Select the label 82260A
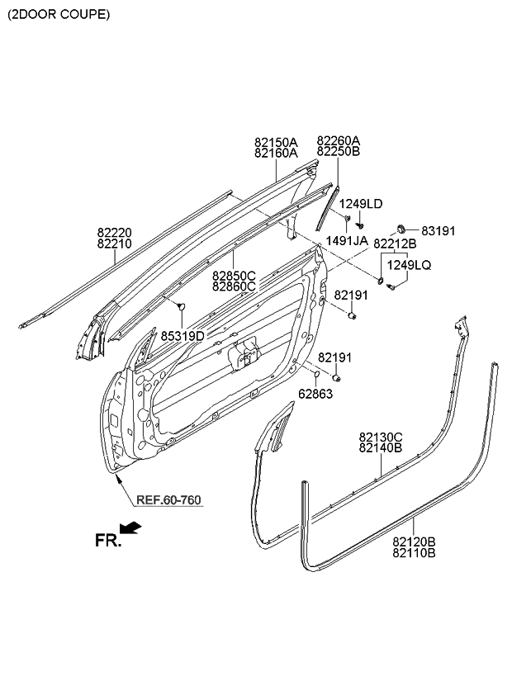[x=339, y=141]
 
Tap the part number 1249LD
[x=361, y=204]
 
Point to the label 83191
[x=439, y=232]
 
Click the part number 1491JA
[x=347, y=241]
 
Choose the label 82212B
[x=395, y=244]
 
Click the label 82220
[x=114, y=234]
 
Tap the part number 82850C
[x=234, y=275]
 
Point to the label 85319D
[x=183, y=336]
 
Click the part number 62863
[x=315, y=394]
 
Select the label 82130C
[x=381, y=437]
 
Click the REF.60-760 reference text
[x=168, y=500]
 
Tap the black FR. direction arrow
[x=130, y=527]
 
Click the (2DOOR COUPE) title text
[x=58, y=15]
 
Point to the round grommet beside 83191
[x=402, y=229]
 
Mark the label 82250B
[x=339, y=152]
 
